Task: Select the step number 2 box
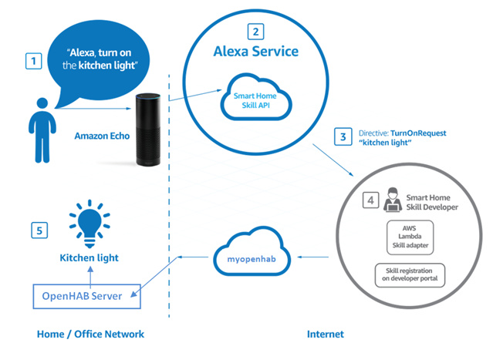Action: pos(254,32)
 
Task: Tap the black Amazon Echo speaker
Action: pos(148,130)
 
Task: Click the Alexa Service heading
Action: pos(255,52)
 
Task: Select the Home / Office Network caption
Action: pos(90,334)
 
